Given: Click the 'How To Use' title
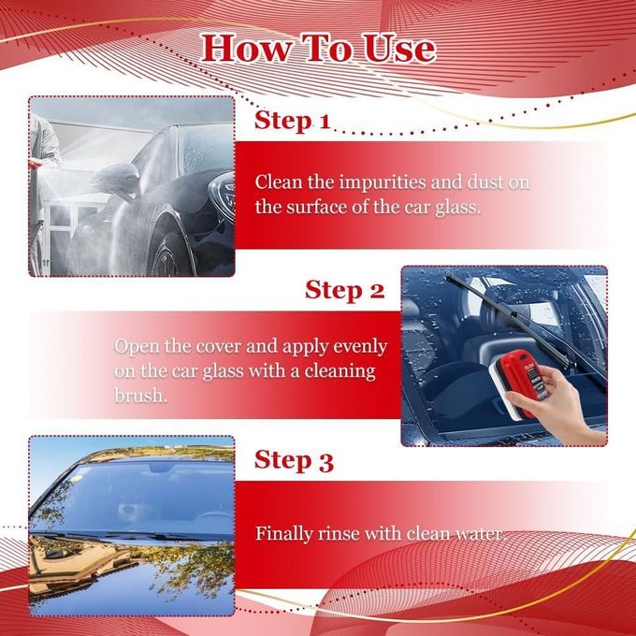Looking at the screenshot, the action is (318, 49).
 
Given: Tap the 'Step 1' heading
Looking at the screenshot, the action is (293, 121).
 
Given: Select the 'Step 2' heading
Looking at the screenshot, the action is (344, 291).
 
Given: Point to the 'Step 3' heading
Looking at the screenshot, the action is (294, 461).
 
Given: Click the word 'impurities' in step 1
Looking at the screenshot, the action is (383, 183).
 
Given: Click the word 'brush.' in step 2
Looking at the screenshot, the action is (140, 395).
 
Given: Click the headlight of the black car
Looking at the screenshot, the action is (223, 195).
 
